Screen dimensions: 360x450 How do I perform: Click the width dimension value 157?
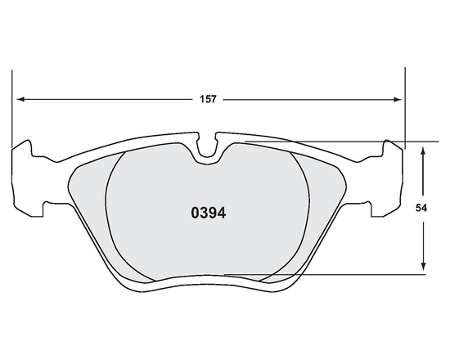tap(209, 100)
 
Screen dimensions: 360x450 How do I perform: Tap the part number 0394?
tap(208, 214)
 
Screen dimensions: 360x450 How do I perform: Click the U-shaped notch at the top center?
tap(210, 147)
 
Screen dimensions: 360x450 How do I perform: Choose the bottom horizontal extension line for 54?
tap(344, 276)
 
